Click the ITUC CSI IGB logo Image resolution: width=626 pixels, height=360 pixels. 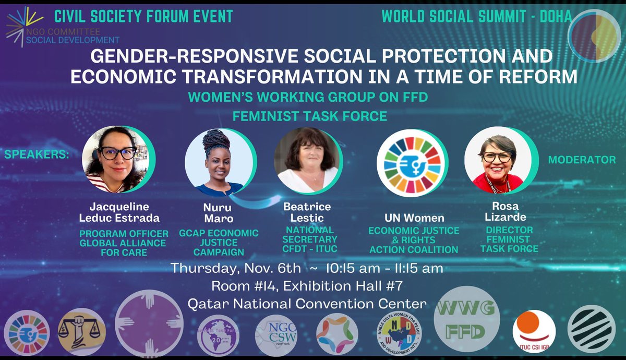point(534,329)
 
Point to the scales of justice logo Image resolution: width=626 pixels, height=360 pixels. point(79,331)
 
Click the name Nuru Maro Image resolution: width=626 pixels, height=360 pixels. point(218,213)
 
